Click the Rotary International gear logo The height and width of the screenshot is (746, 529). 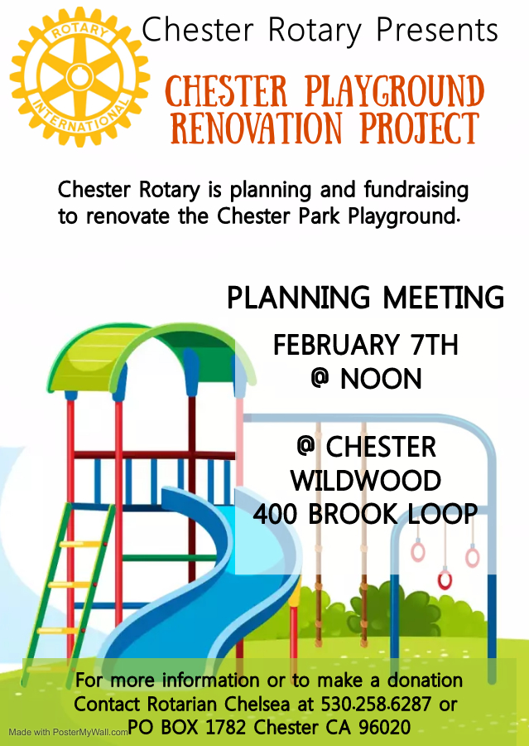[79, 76]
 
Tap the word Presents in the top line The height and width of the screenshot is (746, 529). [437, 30]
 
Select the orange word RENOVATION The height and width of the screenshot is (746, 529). [256, 128]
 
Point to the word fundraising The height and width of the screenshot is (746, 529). [416, 191]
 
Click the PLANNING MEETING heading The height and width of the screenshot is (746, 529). [365, 298]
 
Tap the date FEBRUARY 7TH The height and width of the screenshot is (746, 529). [366, 345]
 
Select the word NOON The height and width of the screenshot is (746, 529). [381, 379]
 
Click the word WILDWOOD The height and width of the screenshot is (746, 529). [366, 481]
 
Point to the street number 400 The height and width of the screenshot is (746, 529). [275, 514]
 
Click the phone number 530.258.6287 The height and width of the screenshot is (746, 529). [376, 704]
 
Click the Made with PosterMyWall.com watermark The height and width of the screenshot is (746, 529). [69, 732]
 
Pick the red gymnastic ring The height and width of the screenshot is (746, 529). [445, 580]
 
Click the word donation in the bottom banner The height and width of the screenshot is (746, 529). [425, 681]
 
